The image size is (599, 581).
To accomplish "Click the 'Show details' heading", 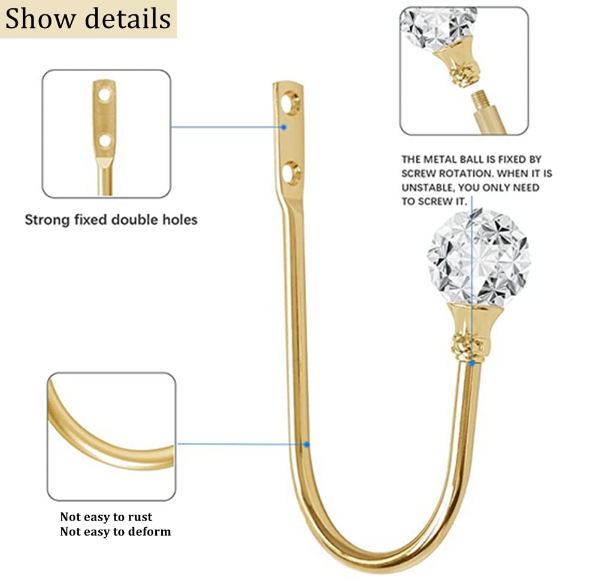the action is pos(88,19).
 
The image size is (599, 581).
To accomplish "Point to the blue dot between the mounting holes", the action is pos(283,127).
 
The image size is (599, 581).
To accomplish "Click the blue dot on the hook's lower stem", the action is pos(306,445).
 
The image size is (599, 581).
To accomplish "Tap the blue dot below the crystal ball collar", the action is pos(472,364).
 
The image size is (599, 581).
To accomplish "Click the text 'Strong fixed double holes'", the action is pos(111,220).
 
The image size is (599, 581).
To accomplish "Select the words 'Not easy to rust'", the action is pos(106,516).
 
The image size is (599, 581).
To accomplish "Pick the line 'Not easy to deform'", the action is pos(116,531).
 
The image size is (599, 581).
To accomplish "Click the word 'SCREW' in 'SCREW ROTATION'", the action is pos(418,174).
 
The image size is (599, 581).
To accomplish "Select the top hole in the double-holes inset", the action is pos(104,95).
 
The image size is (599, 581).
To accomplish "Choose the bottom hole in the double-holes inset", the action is pos(105,141).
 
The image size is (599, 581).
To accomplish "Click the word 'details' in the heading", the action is pos(127,19).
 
